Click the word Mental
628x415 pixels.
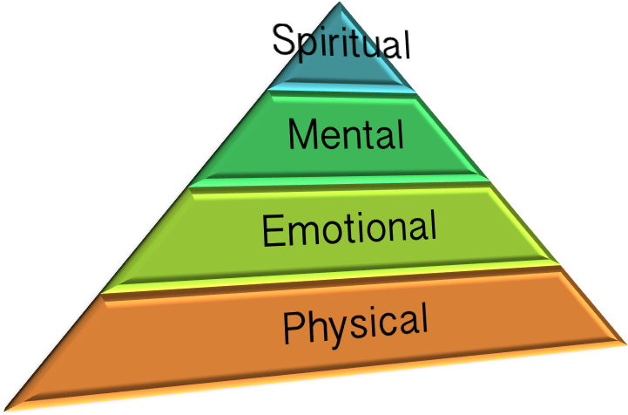pos(346,135)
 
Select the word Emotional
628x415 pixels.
pos(348,228)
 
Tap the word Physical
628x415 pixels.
pos(355,324)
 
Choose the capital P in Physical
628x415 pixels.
pos(293,329)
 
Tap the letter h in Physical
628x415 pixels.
pos(314,326)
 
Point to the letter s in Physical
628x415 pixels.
pos(352,325)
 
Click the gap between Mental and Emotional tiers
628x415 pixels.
pos(348,182)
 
